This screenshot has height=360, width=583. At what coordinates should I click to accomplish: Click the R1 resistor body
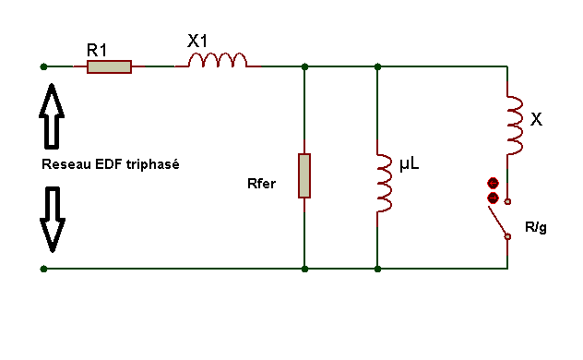point(109,67)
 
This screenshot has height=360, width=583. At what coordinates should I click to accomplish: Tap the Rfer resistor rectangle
point(304,175)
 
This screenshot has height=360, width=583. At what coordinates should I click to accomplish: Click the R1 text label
point(97,50)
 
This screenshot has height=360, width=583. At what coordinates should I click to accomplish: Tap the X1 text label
point(197,41)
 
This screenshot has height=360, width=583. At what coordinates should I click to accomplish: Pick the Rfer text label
point(261,184)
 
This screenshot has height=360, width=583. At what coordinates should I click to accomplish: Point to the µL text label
point(410,164)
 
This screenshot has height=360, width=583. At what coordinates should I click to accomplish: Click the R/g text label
point(536,227)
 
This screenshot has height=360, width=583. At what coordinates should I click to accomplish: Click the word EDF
point(109,164)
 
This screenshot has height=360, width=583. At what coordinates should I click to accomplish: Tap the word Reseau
point(66,164)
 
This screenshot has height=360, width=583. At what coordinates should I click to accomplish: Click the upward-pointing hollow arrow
point(52,116)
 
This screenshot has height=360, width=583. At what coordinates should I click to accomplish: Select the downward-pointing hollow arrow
point(53,220)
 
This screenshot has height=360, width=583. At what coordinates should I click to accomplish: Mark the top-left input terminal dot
point(43,67)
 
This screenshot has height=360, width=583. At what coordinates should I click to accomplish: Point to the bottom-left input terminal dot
point(43,269)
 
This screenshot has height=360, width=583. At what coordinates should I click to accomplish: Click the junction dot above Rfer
point(304,67)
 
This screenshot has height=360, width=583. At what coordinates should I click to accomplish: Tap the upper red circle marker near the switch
point(493,184)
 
